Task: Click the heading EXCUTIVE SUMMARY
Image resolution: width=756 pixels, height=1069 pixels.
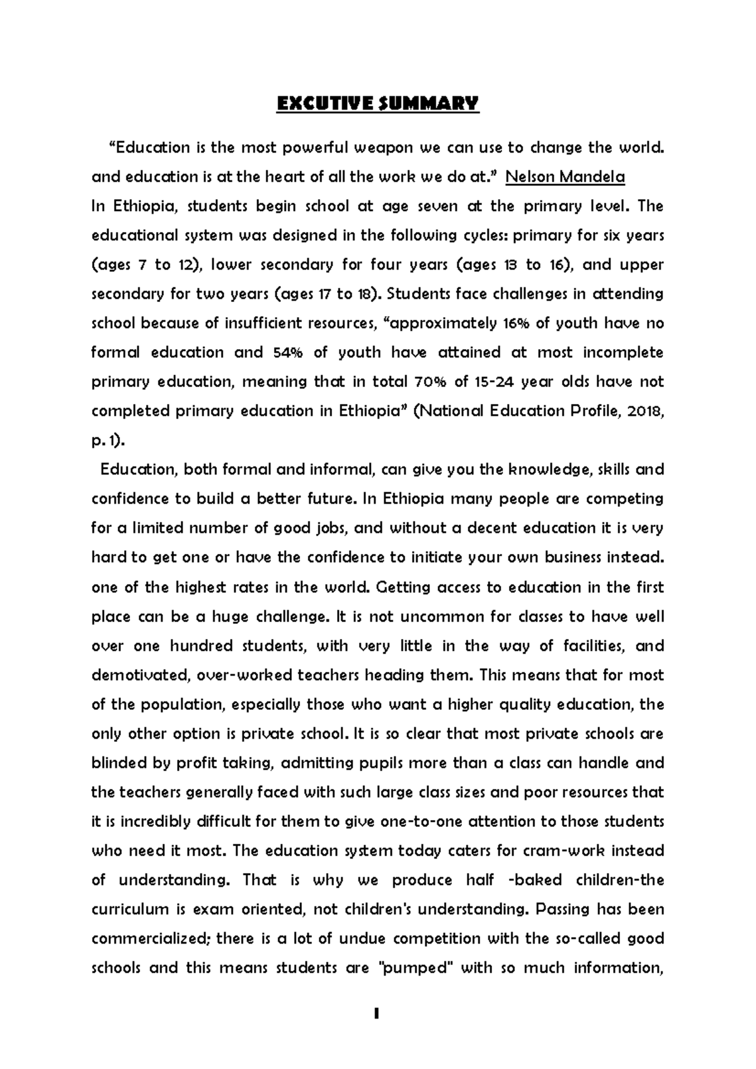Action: (378, 103)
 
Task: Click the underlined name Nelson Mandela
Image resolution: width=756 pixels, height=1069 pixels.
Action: (565, 177)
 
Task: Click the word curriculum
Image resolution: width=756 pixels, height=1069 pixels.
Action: (130, 910)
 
